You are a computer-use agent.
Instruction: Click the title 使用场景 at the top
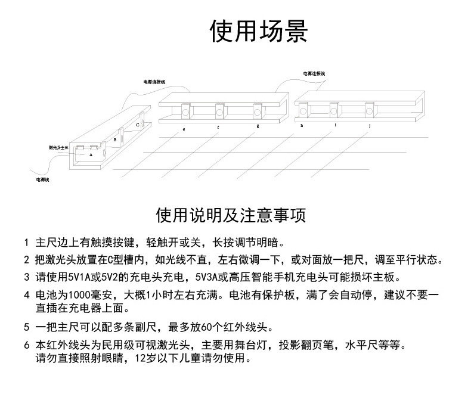click(258, 31)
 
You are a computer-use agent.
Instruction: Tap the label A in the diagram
click(91, 154)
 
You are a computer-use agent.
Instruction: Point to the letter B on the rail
click(115, 139)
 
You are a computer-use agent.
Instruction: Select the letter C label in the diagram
click(137, 125)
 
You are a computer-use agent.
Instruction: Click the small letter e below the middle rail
click(184, 128)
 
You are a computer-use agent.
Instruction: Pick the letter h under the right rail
click(302, 126)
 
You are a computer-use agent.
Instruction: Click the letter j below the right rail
click(370, 126)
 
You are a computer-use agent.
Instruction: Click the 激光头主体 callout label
click(58, 146)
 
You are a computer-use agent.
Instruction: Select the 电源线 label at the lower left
click(42, 179)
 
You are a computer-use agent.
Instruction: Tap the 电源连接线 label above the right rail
click(314, 73)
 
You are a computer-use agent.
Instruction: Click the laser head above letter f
click(219, 111)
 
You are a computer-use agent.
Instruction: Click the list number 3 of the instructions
click(26, 277)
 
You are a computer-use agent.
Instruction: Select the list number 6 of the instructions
click(26, 345)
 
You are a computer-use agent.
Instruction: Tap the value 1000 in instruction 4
click(79, 294)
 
